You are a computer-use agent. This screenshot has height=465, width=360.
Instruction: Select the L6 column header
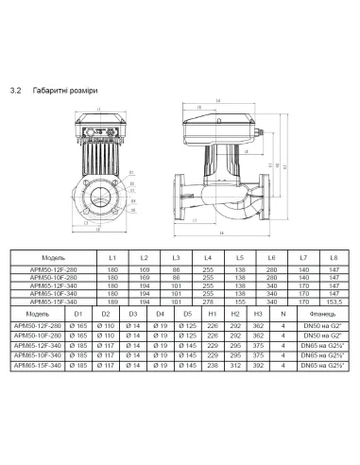click(x=271, y=258)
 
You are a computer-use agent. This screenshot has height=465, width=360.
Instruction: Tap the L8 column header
click(x=332, y=258)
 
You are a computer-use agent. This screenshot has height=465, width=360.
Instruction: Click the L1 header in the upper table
click(x=111, y=258)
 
